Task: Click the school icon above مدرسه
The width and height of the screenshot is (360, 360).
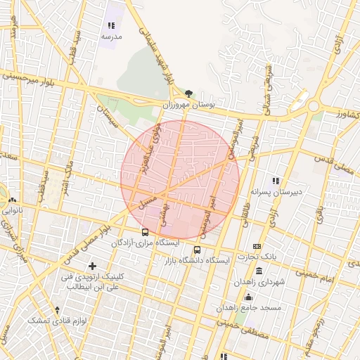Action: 111,25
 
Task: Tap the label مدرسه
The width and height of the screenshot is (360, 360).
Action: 111,36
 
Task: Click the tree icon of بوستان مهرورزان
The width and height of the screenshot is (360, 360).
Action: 188,93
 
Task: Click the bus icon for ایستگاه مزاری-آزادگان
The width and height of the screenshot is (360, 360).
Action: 145,232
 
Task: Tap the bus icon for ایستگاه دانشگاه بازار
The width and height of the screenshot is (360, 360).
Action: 198,250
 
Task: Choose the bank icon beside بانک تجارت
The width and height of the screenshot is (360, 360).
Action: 257,247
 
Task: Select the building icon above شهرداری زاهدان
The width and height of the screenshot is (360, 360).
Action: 259,271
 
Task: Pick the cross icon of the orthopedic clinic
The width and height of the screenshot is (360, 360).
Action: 92,266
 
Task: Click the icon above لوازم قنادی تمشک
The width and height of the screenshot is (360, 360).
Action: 58,310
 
